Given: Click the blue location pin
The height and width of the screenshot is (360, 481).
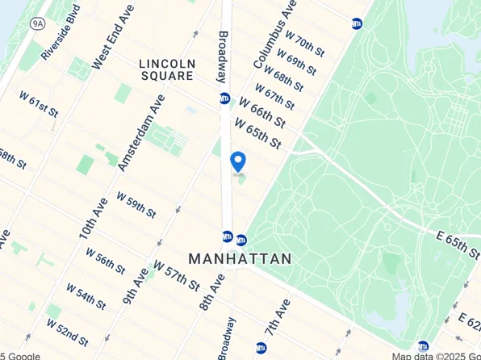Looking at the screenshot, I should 238,161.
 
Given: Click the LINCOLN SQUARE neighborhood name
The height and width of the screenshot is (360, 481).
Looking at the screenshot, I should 165,69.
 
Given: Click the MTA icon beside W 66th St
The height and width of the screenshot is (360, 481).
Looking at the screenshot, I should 224,98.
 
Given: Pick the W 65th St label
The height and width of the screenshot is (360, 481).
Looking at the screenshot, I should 259,134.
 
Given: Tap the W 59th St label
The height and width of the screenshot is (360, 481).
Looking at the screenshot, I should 136,204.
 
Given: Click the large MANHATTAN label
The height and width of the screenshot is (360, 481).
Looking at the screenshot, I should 240,258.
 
